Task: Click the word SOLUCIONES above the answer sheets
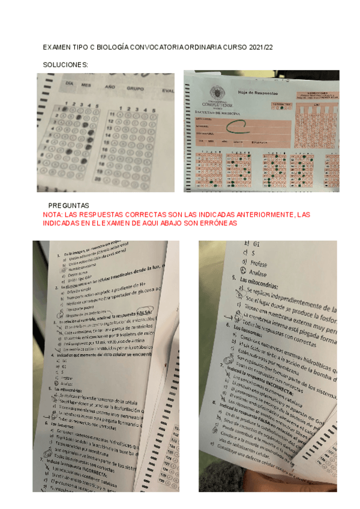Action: pos(66,64)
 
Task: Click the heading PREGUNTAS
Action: pos(68,205)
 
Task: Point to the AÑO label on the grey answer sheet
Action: pos(110,86)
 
